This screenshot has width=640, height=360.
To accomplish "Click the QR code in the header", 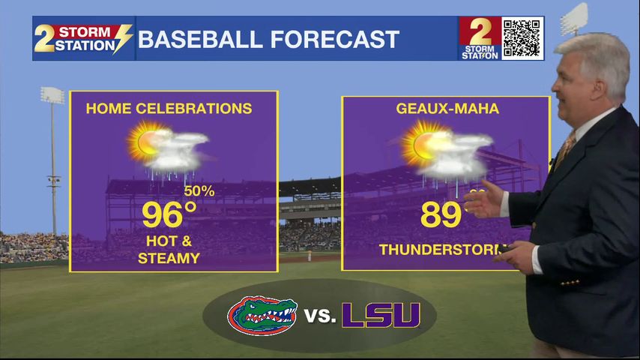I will (x=522, y=37).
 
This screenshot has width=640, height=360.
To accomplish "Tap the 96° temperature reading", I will (x=169, y=215).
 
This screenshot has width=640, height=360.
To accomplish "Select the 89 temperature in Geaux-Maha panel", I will (x=440, y=215).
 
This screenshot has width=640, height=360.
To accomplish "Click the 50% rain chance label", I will (x=199, y=191).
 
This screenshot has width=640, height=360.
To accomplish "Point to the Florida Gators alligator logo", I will (x=262, y=315).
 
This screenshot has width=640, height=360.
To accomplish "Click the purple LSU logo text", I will (x=381, y=315).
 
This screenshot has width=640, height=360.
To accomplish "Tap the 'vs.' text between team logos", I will (x=321, y=316).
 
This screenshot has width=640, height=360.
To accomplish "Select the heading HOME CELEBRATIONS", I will (x=169, y=109).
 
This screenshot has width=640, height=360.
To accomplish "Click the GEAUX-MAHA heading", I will (x=447, y=109).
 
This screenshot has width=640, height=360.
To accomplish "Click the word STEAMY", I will (x=169, y=259).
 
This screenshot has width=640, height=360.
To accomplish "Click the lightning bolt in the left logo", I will (x=122, y=39).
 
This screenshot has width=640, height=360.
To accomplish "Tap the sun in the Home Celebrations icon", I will (x=142, y=141).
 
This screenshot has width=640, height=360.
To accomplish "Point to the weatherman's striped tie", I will (x=564, y=150).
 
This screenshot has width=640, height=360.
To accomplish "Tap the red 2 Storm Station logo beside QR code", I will (x=480, y=37).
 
